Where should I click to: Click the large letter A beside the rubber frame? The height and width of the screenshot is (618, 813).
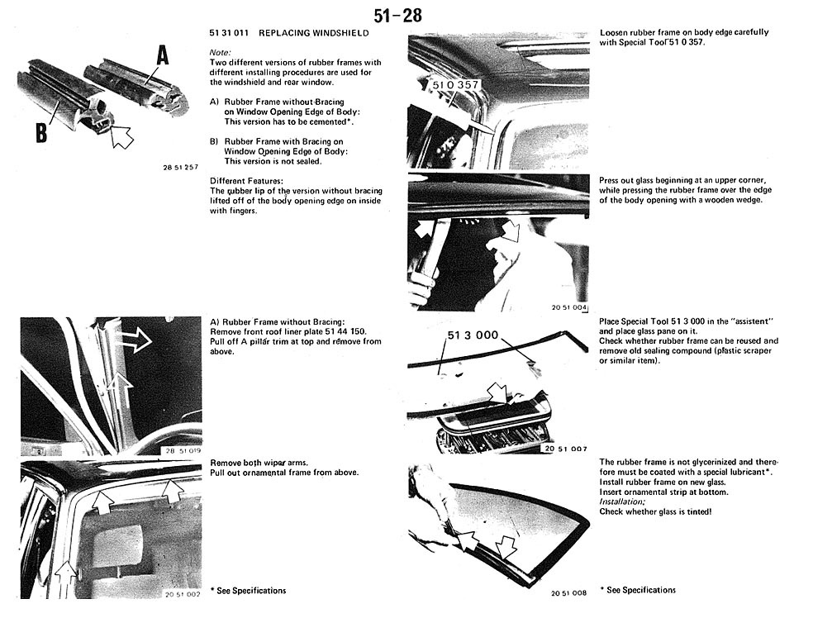coord(163,55)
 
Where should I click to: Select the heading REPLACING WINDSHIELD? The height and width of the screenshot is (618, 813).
coord(313,33)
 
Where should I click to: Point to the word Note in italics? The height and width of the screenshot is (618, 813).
coord(220,52)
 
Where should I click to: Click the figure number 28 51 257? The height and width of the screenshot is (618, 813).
coord(181,167)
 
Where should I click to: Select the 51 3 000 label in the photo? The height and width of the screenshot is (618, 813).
coord(473,335)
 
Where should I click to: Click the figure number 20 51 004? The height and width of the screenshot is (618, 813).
coord(569,307)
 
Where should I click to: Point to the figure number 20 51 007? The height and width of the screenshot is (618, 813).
coord(565,449)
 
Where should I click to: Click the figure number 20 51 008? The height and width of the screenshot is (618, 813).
coord(569,592)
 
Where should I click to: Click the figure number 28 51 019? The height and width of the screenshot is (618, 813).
coord(183,450)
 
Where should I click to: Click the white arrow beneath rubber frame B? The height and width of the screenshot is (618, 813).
coord(120,135)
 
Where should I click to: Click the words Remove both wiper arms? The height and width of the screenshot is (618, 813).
coord(252,463)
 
